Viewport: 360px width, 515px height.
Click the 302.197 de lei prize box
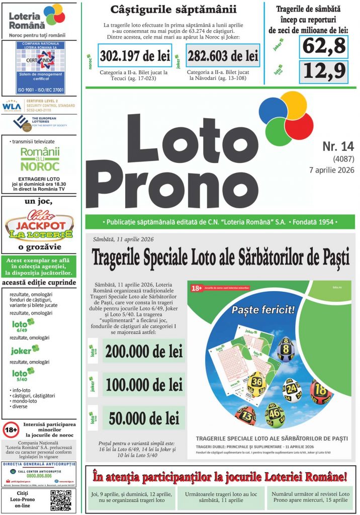coord(134,56)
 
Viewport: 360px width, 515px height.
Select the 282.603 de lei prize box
coord(222,56)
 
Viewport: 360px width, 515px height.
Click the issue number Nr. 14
coord(338,146)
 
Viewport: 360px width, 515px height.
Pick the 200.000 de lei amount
coord(143,352)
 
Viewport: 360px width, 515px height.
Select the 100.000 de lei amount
coord(143,385)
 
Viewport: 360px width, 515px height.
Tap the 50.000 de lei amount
coord(143,418)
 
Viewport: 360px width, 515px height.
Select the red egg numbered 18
coord(320,389)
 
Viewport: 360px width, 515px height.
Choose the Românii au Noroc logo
coord(39,159)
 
